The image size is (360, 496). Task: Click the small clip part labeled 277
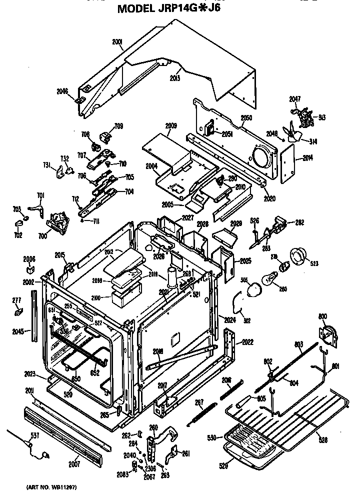18,312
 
